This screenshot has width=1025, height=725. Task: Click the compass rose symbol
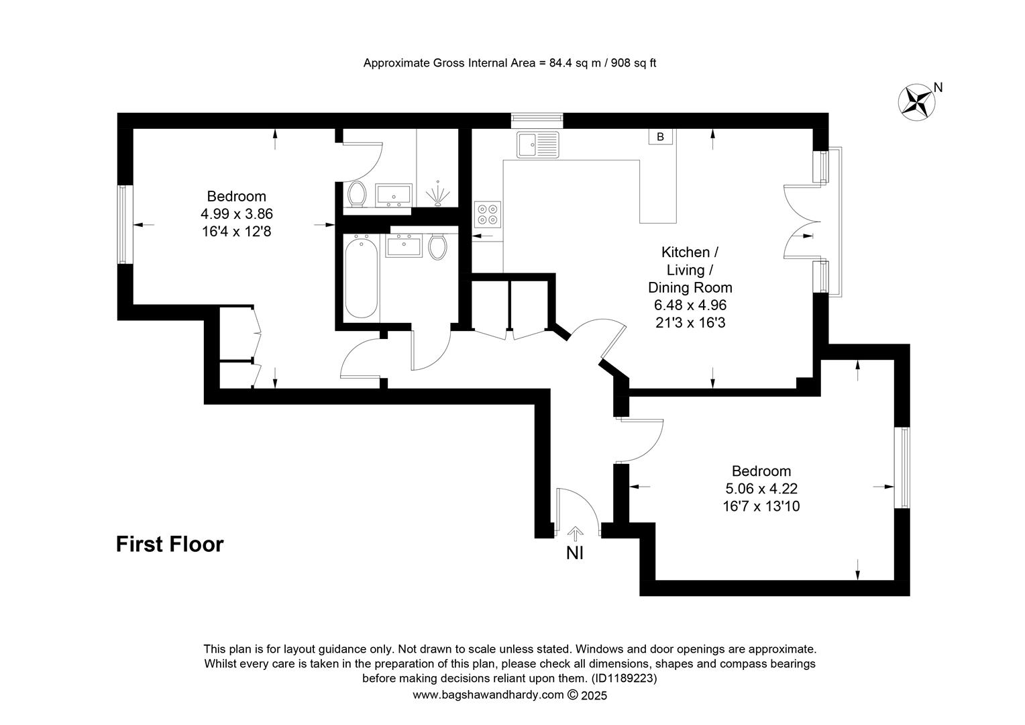tap(916, 102)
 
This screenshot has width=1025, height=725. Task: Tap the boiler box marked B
tap(660, 136)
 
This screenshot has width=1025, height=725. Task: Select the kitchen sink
tap(538, 144)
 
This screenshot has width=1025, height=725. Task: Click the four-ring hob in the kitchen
tap(487, 214)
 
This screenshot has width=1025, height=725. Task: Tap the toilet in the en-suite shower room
tap(356, 194)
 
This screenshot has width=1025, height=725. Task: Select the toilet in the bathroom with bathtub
tap(438, 246)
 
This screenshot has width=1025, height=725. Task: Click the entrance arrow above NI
tap(575, 534)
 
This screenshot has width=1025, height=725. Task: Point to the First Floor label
tap(170, 544)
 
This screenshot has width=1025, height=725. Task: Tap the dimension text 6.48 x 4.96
tap(690, 305)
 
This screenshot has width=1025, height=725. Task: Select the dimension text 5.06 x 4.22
tap(761, 489)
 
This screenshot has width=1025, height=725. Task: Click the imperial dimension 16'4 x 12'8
tap(237, 232)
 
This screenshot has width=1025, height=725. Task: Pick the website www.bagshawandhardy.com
tap(488, 695)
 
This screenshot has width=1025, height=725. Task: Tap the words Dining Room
tap(690, 287)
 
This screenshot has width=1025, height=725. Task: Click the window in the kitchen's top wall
tap(537, 120)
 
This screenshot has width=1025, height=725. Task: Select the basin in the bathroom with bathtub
tap(404, 246)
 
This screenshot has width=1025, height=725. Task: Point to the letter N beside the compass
tap(938, 87)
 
